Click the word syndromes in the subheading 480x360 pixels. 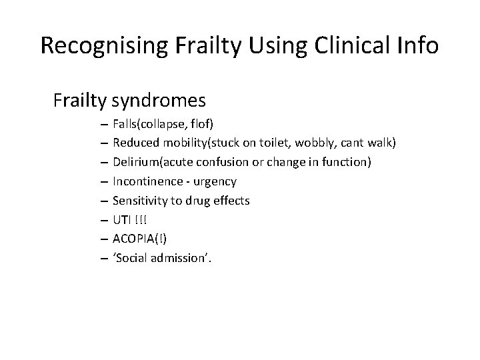(159, 101)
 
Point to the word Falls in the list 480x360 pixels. (126, 123)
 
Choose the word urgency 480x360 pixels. (216, 181)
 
